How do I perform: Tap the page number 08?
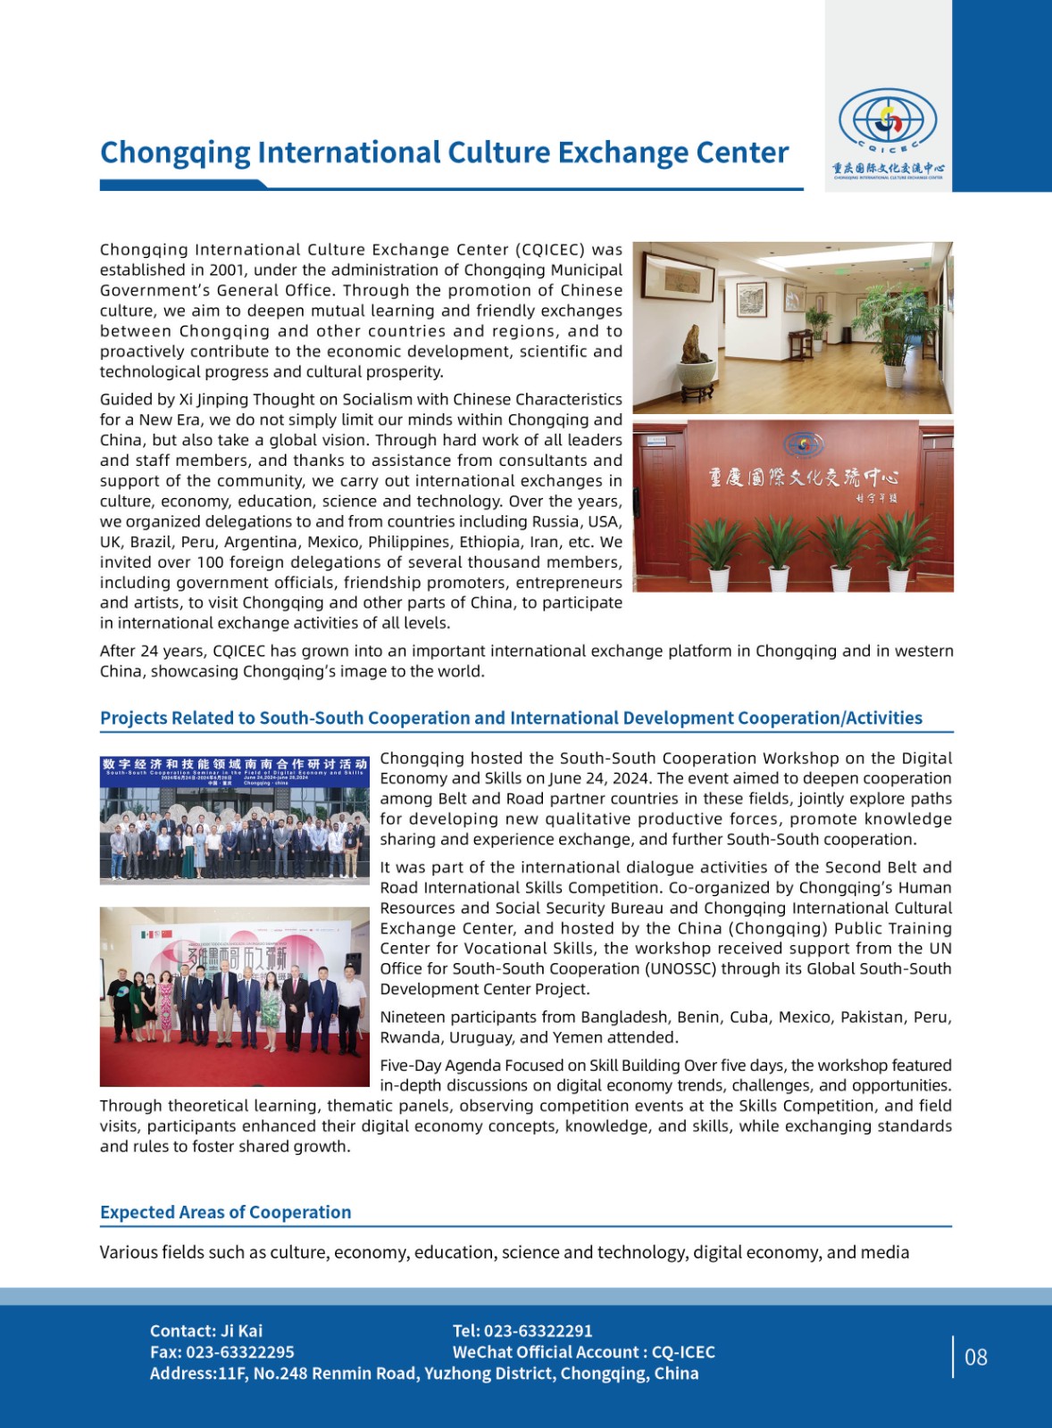point(975,1357)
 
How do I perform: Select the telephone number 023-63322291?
point(538,1331)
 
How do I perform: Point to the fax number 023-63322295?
point(239,1352)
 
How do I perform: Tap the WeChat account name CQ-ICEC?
point(683,1352)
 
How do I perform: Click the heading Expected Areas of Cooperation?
point(225,1212)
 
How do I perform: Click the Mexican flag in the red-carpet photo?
point(146,934)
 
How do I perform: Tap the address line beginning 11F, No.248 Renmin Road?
point(457,1374)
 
